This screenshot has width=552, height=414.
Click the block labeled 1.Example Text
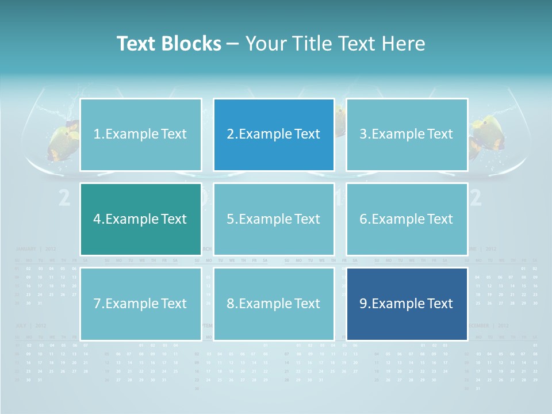140,135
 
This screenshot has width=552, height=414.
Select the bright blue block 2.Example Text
274,135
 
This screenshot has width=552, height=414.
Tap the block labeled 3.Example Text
407,135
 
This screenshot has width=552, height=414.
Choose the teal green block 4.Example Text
140,219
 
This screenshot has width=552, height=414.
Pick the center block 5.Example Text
274,219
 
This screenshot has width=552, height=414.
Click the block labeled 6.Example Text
407,219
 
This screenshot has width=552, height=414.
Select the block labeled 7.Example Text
140,304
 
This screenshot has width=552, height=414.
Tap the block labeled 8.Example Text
274,304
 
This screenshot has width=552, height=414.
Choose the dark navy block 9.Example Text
407,304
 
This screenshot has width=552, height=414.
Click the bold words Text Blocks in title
168,44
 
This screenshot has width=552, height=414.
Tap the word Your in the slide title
266,44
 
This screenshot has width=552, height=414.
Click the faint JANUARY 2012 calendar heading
35,249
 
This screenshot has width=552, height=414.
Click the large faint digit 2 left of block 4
65,198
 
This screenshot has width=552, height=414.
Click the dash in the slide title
233,44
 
